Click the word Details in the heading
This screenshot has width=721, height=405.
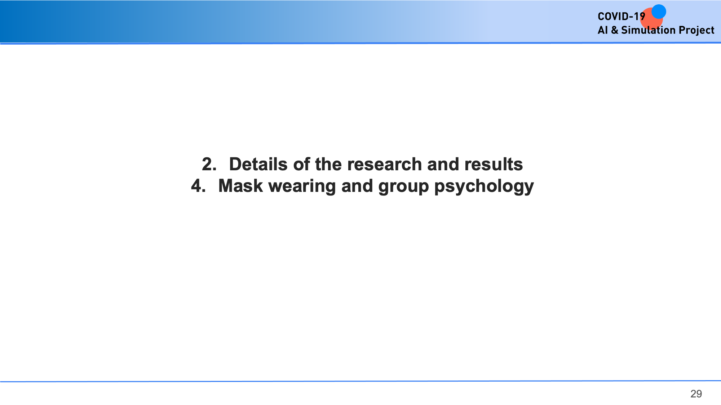click(x=258, y=164)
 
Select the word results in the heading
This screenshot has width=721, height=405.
click(x=494, y=164)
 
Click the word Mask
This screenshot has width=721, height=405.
click(x=241, y=186)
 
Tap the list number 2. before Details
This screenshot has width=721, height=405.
click(x=209, y=164)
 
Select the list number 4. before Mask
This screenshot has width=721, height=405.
click(x=198, y=186)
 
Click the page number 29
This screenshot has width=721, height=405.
click(x=696, y=394)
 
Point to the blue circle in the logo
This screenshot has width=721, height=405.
click(x=659, y=12)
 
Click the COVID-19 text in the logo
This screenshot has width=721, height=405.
click(x=621, y=17)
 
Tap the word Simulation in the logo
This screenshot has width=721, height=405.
click(x=648, y=30)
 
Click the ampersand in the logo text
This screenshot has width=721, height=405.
click(x=614, y=30)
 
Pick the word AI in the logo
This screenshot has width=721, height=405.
click(x=603, y=30)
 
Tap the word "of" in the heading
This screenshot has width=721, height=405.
click(x=301, y=164)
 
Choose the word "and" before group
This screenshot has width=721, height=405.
click(x=357, y=186)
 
